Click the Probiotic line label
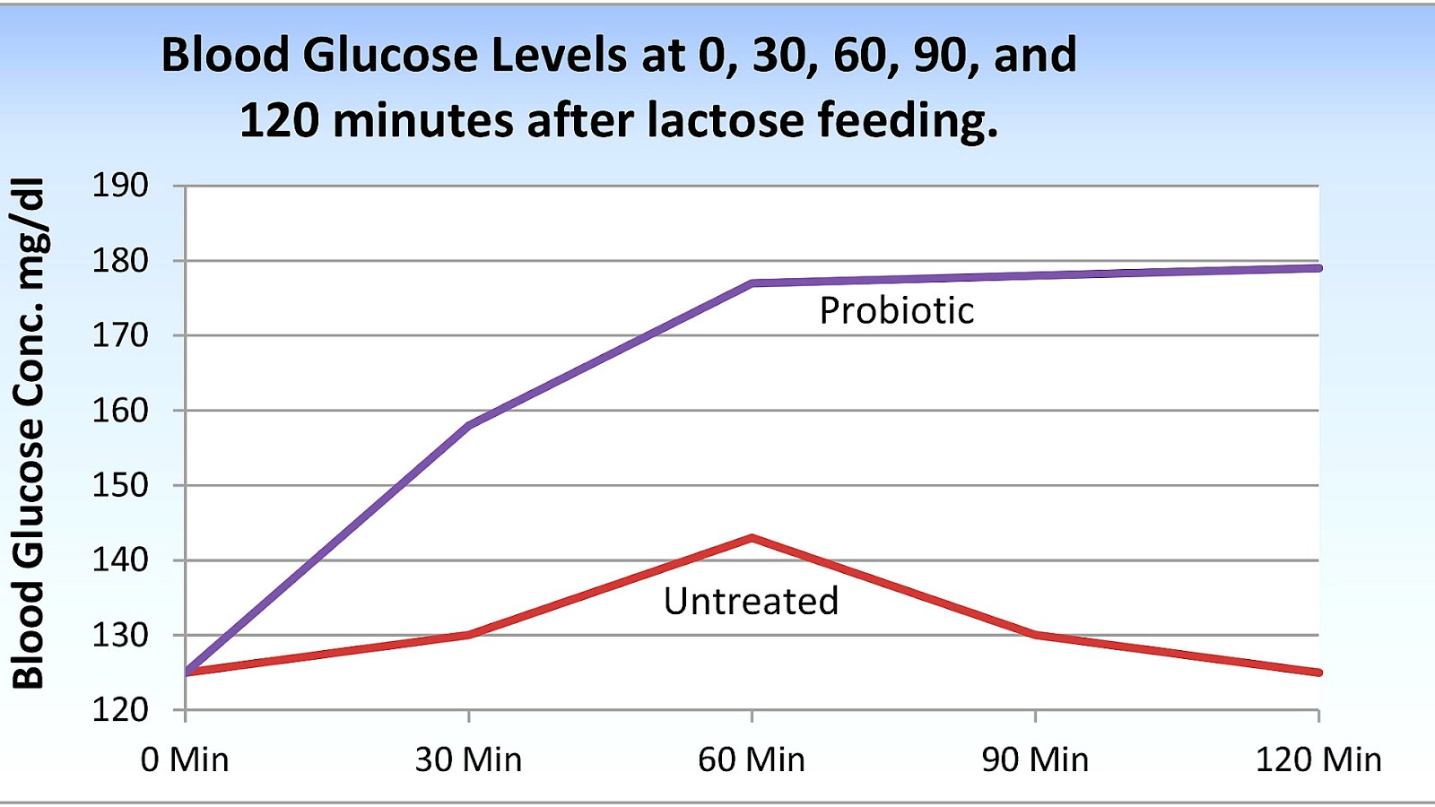click(896, 311)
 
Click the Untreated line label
click(751, 601)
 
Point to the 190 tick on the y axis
click(120, 186)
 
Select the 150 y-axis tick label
click(120, 485)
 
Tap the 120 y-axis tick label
click(120, 709)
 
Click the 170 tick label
click(120, 335)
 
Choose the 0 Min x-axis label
click(185, 759)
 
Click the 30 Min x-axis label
click(468, 759)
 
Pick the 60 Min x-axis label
click(752, 759)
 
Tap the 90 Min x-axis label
click(1035, 759)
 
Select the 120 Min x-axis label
click(1318, 759)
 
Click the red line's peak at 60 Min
click(752, 538)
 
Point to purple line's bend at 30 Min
click(469, 425)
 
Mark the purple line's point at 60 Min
click(752, 283)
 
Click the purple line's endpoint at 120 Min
click(1318, 268)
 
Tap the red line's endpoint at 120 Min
click(1318, 672)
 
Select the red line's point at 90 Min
click(1035, 635)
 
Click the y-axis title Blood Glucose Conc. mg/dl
click(29, 432)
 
